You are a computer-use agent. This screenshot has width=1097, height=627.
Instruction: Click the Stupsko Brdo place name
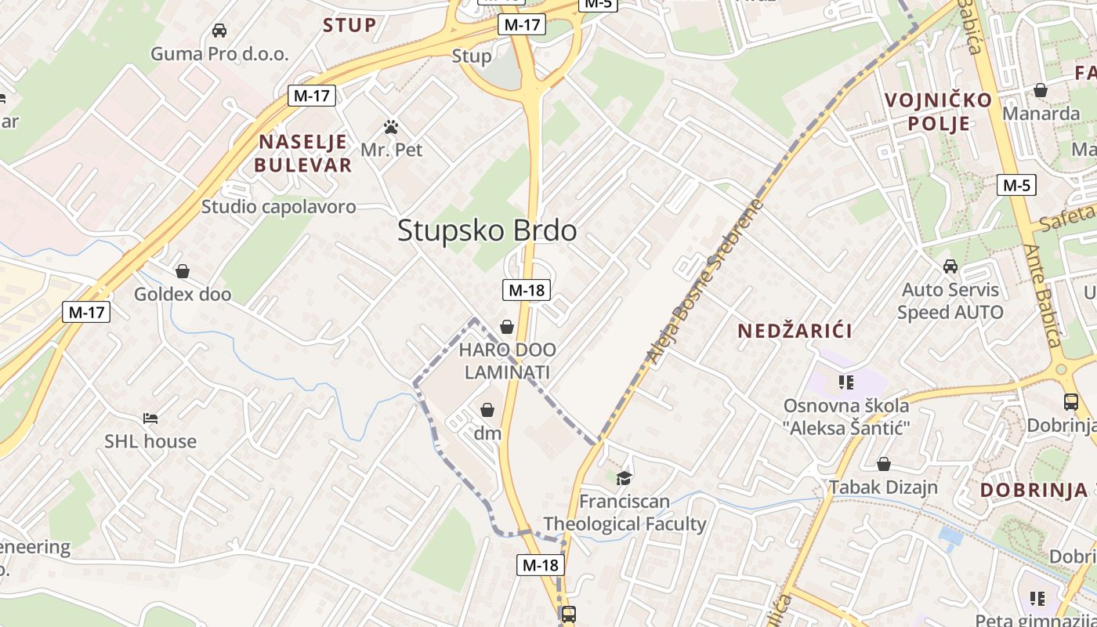pos(487,230)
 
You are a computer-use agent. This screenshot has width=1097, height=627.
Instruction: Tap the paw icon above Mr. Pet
pos(391,126)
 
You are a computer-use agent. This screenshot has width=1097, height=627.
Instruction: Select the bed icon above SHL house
pos(150,419)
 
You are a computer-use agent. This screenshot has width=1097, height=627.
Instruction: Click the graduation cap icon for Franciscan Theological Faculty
pos(624,478)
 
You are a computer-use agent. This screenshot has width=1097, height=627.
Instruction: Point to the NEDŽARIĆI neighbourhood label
pos(795,331)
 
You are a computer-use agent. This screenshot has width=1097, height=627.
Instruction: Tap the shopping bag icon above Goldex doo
pos(183,271)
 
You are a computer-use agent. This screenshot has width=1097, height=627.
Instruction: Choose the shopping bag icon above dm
pos(487,410)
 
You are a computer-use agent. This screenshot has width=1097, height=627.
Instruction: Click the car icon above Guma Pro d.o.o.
pos(219,31)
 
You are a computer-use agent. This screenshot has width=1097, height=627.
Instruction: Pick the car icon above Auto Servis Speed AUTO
pos(950,266)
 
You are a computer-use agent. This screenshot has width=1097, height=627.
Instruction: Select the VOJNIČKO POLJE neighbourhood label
pos(938,111)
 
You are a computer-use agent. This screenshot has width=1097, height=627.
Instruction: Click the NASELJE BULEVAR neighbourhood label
pos(302,154)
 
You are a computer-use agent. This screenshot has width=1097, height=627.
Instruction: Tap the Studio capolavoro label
pos(278,207)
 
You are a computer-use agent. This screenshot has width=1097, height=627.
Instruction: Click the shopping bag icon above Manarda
pos(1041,91)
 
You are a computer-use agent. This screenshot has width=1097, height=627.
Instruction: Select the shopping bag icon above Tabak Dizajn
pos(884,464)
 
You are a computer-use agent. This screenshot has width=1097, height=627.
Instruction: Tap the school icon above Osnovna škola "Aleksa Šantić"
pos(845,382)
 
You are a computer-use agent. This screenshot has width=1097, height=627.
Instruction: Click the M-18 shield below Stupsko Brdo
pos(526,290)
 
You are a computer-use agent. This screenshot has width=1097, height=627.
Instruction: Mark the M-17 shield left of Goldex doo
pos(86,312)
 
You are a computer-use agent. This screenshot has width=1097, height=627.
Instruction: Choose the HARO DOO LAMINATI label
pos(507,361)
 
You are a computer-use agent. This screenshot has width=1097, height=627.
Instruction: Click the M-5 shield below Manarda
pos(1016,186)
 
